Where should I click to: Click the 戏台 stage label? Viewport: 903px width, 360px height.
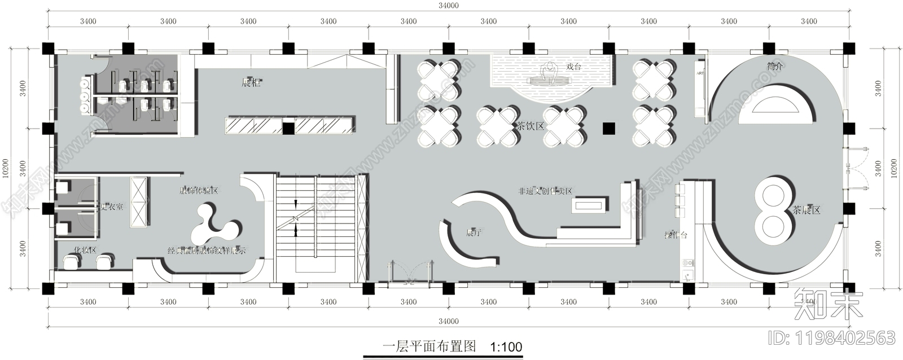[x=573, y=67]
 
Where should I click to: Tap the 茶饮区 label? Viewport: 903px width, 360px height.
[x=531, y=126]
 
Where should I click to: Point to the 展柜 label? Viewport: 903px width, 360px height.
[x=251, y=83]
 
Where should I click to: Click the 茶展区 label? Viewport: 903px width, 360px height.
[x=806, y=210]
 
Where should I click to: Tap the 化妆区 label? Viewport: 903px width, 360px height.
[x=85, y=250]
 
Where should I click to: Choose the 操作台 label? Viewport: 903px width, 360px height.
[x=676, y=235]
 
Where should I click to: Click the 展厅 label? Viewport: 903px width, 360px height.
[x=473, y=232]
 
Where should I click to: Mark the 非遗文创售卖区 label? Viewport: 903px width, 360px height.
[x=545, y=191]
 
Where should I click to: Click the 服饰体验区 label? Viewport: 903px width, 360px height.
[x=198, y=191]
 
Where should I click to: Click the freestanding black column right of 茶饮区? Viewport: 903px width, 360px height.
[x=608, y=128]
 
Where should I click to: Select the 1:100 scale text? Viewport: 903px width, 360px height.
[x=506, y=346]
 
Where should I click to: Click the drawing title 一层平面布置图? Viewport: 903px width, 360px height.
[x=429, y=346]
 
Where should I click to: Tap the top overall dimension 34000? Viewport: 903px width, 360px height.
[x=448, y=6]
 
